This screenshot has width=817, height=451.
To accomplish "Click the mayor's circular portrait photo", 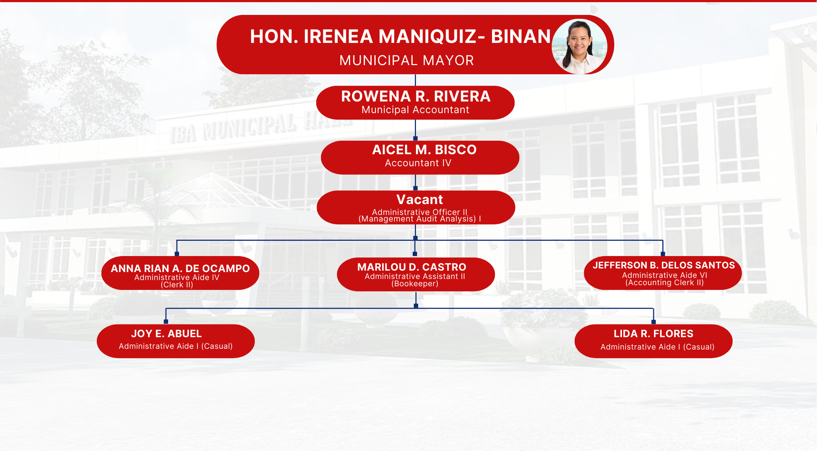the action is coord(579,47).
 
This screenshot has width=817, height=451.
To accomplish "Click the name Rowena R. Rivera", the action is coord(416,96).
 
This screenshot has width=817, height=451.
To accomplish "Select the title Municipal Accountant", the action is coord(415,110).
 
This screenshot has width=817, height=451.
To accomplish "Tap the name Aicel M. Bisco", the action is coord(424,149).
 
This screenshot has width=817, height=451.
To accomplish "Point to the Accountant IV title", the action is coord(418,163).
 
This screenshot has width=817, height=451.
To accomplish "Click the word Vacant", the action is coord(420,199).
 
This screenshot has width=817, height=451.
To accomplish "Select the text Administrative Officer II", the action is coord(420,212).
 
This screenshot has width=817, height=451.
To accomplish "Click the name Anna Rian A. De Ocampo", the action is coord(180,268).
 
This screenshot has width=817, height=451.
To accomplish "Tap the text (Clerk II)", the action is coord(177,285).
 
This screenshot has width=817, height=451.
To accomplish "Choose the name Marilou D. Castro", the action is coord(412,267).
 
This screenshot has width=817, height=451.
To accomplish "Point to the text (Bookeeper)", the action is coord(415,284).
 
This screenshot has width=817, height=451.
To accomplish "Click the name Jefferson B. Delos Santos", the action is coord(664,265).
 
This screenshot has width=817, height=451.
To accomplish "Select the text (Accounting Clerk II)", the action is coord(665,283).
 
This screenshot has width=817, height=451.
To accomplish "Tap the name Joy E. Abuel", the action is coord(166,334).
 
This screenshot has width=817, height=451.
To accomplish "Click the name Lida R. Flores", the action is coord(654,334).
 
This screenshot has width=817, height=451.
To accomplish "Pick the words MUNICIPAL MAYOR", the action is coord(406,60).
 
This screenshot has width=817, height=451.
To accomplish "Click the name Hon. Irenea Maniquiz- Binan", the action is coord(400,36).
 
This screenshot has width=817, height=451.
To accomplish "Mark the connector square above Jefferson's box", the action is coord(663,254).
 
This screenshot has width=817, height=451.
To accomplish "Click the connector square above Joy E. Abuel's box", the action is coord(166,322).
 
